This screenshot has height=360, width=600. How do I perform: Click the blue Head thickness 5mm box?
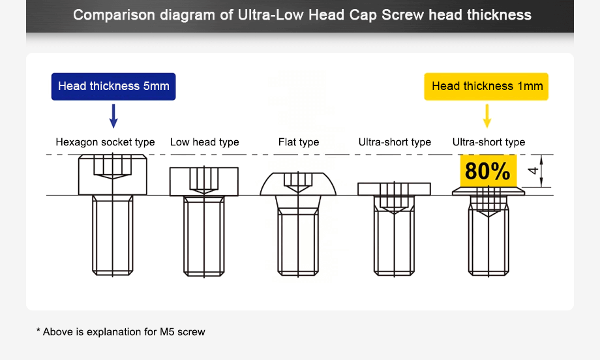[113, 86]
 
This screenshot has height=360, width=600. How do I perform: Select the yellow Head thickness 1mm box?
[487, 86]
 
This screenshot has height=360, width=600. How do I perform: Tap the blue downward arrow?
[113, 115]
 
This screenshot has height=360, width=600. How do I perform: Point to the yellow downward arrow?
[487, 115]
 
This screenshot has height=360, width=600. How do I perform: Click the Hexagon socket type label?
[105, 142]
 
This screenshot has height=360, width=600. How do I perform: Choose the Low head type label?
[204, 142]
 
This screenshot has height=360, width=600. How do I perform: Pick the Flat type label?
[299, 142]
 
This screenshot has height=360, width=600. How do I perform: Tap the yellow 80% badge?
[488, 171]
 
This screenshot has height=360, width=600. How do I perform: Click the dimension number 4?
[533, 172]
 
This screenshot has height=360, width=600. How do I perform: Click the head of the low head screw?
[204, 182]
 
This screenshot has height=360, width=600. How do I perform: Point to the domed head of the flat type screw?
[298, 185]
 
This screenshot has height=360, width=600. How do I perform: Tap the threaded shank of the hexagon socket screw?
[113, 235]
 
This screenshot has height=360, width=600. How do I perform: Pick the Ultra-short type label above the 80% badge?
[488, 142]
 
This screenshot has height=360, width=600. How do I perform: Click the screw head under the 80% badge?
[488, 191]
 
